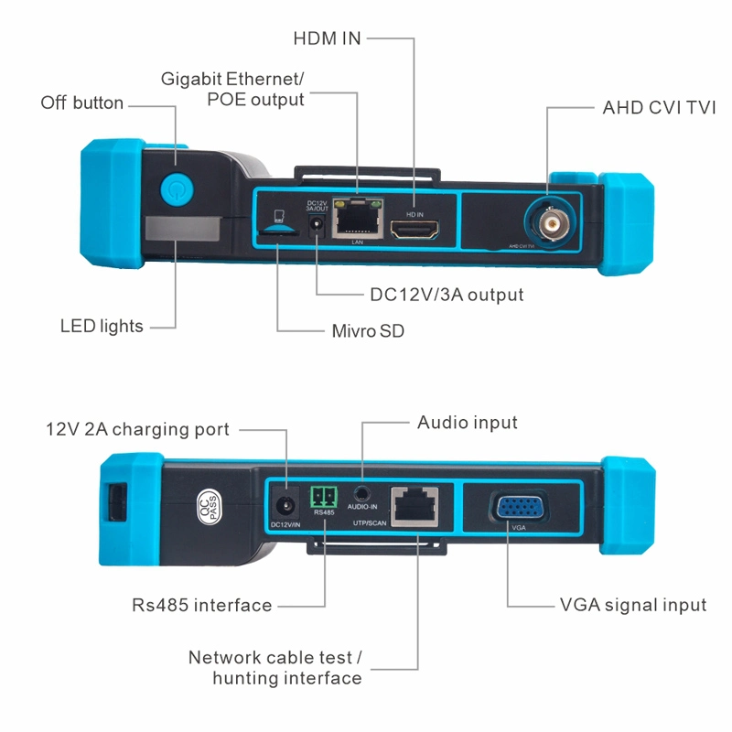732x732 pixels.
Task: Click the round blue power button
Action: (x=176, y=190)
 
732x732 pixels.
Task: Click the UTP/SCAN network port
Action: (x=414, y=506)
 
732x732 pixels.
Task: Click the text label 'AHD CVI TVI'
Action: (x=659, y=107)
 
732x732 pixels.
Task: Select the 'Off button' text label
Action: (x=82, y=102)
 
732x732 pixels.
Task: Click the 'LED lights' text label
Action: (x=102, y=326)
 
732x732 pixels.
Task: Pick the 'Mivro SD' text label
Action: (x=368, y=331)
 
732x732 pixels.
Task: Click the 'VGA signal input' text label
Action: (x=633, y=605)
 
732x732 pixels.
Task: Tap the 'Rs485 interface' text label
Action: (x=202, y=605)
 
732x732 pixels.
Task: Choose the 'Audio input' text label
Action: (x=468, y=423)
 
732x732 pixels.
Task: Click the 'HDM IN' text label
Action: (x=327, y=38)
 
